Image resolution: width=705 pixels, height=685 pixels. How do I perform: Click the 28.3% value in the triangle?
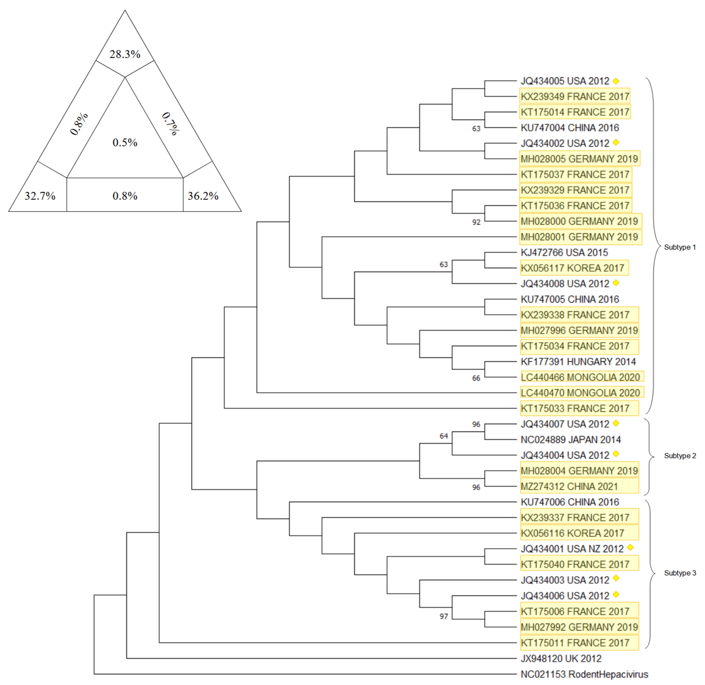(125, 54)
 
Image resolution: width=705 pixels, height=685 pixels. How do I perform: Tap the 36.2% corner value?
(203, 196)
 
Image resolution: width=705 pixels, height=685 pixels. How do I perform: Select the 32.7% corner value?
(40, 196)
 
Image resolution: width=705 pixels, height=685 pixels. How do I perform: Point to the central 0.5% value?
(125, 142)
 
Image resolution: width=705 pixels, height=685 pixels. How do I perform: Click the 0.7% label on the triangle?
(170, 124)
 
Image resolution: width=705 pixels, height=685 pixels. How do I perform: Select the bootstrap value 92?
(476, 222)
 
